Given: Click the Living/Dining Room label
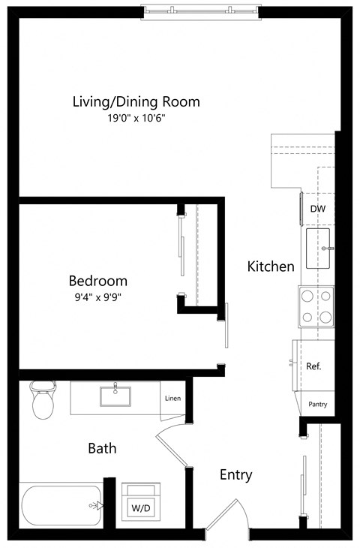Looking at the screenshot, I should [x=136, y=102].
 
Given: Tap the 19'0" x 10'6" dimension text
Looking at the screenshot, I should [x=136, y=118].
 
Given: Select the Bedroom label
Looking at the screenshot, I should [x=97, y=281].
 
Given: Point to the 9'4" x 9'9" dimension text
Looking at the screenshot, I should [x=97, y=297].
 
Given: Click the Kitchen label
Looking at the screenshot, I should [x=271, y=266].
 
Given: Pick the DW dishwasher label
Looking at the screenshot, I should [x=318, y=209].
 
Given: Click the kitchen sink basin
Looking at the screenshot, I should [x=320, y=248].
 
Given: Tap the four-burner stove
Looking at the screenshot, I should [x=316, y=307].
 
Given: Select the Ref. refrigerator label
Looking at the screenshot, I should [x=313, y=366].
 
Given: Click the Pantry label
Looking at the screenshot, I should [x=318, y=404].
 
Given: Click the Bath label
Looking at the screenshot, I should [x=102, y=449].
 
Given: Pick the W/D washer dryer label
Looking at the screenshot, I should [x=140, y=508].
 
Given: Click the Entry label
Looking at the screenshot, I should [x=235, y=474].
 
